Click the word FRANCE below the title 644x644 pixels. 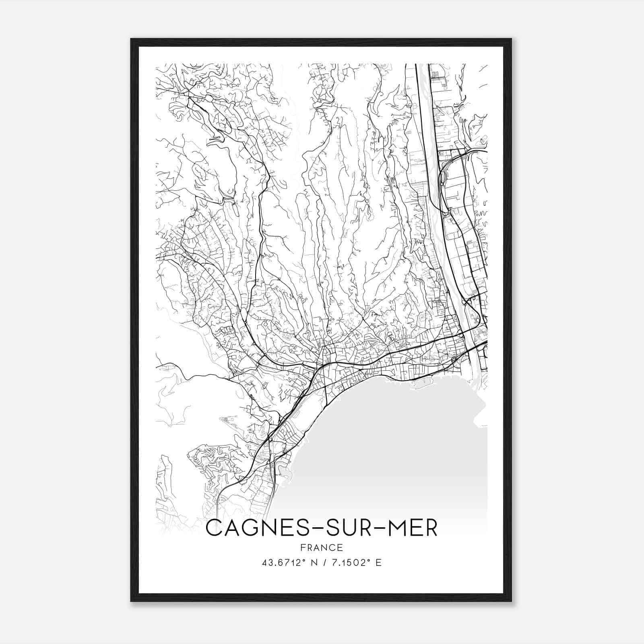(322, 547)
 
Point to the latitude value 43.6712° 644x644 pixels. (281, 562)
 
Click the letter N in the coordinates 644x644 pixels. (310, 562)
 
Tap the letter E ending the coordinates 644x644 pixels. (378, 562)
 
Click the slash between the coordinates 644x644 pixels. (322, 562)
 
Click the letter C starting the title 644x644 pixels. (215, 528)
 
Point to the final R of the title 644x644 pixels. (431, 528)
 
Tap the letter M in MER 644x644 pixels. (398, 528)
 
